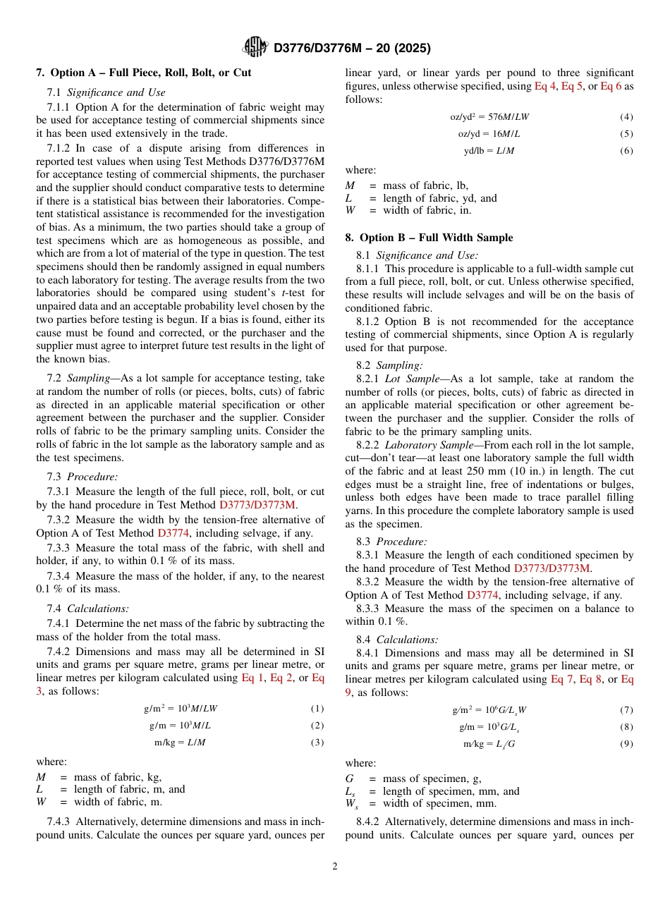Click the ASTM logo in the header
[255, 47]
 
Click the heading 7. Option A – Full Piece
[143, 73]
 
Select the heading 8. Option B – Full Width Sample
[429, 238]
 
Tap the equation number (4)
[626, 116]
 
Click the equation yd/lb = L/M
[489, 151]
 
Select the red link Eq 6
[611, 86]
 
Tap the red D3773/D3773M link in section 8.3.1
[552, 568]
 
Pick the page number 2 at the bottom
[335, 867]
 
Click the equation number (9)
[626, 744]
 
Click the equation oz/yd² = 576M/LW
[489, 116]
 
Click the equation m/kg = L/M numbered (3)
[180, 742]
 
